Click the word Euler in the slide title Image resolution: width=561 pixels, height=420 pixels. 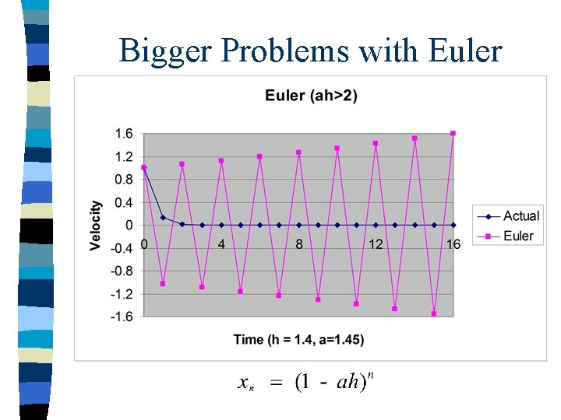click(x=465, y=51)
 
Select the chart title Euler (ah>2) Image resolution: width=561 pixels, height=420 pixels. click(x=312, y=96)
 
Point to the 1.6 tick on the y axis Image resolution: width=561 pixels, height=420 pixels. click(x=123, y=134)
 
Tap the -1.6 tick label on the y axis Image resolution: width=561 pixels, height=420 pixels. click(x=121, y=317)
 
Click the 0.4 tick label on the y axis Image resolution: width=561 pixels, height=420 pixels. click(x=123, y=202)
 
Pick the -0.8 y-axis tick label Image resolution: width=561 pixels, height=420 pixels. click(x=121, y=271)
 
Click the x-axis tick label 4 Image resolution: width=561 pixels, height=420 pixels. click(x=221, y=244)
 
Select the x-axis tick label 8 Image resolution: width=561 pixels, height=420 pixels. click(x=298, y=244)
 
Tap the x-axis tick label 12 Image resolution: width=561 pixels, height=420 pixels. click(x=376, y=244)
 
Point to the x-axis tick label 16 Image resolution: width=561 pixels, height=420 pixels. click(x=453, y=244)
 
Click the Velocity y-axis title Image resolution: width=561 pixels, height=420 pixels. click(x=96, y=226)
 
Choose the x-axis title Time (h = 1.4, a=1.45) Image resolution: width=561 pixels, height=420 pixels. click(x=298, y=339)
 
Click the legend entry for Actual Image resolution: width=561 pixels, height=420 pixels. click(x=520, y=216)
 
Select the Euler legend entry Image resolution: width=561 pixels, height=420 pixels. click(x=518, y=236)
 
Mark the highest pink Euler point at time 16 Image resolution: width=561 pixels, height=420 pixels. click(x=453, y=133)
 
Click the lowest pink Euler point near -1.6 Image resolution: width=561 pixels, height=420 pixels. click(x=434, y=313)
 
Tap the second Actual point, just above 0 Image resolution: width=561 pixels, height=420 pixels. click(x=163, y=218)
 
